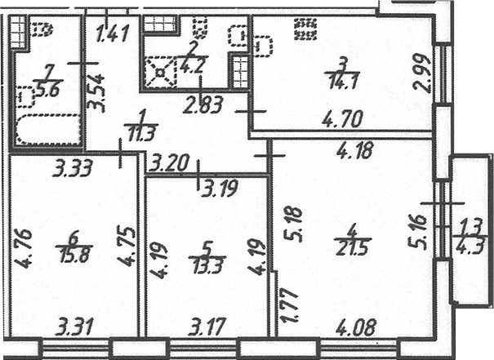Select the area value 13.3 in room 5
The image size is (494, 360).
pos(207,266)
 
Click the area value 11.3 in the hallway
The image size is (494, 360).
pos(141,134)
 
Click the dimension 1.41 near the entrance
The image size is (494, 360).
pos(113,34)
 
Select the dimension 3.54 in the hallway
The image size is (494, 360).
pos(96,93)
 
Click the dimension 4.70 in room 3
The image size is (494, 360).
pos(343,119)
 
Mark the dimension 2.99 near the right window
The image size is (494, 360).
pos(423,73)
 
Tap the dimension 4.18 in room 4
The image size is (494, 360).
pos(355,150)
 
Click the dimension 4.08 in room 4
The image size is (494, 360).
pos(356,327)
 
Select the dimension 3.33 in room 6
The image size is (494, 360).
pos(73,168)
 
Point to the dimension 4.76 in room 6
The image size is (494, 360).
pos(23,249)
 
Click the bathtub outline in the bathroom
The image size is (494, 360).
pos(47,130)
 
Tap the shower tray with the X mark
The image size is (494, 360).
pos(160,73)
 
